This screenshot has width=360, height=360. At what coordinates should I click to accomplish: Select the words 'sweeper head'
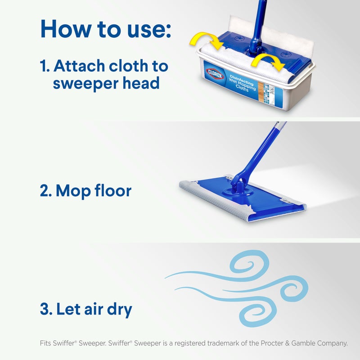coord(99,84)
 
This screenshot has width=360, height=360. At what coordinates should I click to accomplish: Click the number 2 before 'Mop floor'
coord(45,191)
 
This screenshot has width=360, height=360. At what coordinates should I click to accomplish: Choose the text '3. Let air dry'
coord(85,310)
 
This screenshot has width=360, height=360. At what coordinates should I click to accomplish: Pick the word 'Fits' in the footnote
coord(46,343)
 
